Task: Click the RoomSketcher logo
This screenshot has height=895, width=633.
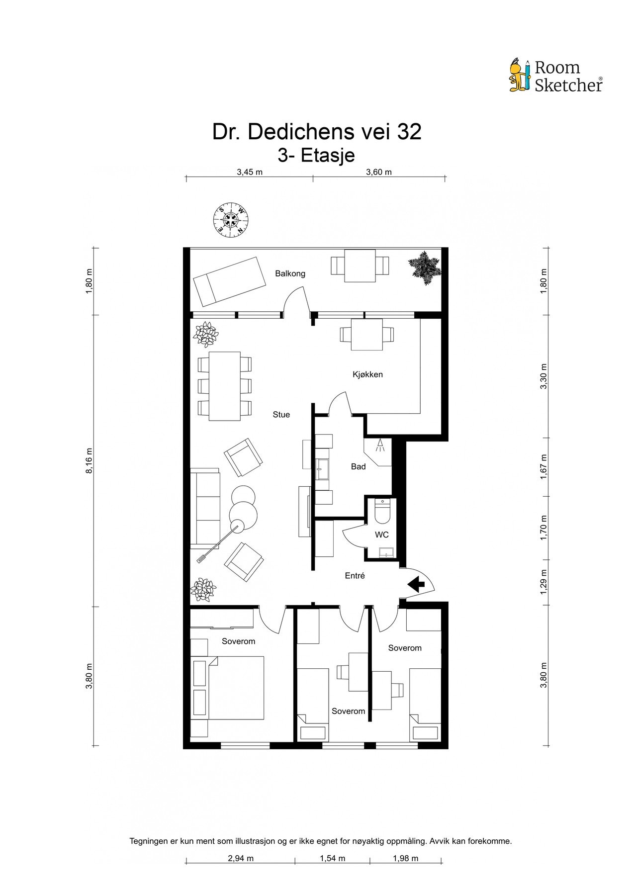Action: (555, 76)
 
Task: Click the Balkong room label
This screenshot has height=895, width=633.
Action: (290, 273)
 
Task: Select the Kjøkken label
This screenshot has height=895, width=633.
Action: (368, 374)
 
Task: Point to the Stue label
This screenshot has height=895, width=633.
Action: (281, 415)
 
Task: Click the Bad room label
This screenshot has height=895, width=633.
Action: (359, 466)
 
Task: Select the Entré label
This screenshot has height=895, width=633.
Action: (355, 576)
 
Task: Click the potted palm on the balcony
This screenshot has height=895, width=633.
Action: (425, 268)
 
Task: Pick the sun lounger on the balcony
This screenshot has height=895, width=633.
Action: (231, 282)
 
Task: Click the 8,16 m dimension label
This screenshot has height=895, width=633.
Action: (90, 461)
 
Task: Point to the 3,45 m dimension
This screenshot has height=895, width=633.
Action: (250, 173)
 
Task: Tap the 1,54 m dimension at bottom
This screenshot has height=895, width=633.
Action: (333, 858)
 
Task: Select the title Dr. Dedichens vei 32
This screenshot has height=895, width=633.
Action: (317, 132)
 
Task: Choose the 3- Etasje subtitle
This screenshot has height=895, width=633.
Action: (316, 156)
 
